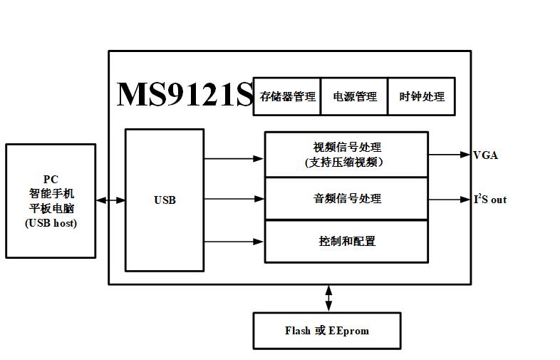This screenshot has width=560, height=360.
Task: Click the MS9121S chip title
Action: click(185, 95)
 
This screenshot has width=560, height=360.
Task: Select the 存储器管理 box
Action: click(287, 96)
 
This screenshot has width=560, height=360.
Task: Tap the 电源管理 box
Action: click(354, 96)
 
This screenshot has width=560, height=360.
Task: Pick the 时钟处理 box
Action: click(422, 96)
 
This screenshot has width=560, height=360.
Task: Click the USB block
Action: click(165, 200)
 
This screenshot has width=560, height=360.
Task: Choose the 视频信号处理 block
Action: click(346, 154)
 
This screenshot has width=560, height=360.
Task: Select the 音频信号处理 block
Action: click(346, 198)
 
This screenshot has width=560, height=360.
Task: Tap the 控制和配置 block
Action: click(346, 241)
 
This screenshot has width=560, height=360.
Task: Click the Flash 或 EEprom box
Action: click(327, 331)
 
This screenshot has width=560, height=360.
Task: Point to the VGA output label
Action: click(485, 155)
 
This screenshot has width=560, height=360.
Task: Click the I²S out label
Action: click(490, 200)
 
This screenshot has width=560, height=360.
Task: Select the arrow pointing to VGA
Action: click(450, 155)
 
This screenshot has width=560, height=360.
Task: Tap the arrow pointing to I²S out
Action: click(450, 200)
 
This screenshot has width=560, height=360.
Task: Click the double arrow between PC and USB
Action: click(110, 200)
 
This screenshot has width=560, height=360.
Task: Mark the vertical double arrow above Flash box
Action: click(328, 298)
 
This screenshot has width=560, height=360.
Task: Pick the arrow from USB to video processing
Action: click(234, 158)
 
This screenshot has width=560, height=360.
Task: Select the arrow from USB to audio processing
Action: click(234, 200)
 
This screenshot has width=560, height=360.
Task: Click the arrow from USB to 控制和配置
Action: click(234, 242)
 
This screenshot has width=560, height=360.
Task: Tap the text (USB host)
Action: click(51, 223)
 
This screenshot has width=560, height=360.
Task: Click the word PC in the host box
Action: click(51, 179)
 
